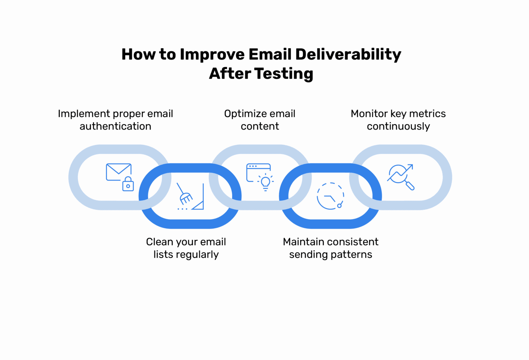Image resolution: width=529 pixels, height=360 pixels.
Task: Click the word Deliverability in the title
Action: pyautogui.click(x=348, y=55)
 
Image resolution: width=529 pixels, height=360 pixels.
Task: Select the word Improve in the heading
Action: pyautogui.click(x=212, y=55)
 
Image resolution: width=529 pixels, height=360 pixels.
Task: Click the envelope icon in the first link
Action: pyautogui.click(x=118, y=172)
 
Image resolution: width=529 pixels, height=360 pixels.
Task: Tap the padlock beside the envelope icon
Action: pyautogui.click(x=128, y=184)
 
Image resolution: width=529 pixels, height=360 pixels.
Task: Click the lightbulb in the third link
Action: pyautogui.click(x=266, y=182)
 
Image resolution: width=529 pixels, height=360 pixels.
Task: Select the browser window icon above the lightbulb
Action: pyautogui.click(x=257, y=171)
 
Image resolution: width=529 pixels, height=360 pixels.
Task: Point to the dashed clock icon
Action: pyautogui.click(x=330, y=196)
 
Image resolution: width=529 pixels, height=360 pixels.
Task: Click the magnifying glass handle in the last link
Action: pyautogui.click(x=410, y=186)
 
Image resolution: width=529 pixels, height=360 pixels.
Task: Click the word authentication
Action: pyautogui.click(x=115, y=126)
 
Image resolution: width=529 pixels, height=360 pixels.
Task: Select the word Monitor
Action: pyautogui.click(x=369, y=114)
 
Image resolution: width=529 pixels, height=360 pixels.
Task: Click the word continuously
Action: pyautogui.click(x=398, y=126)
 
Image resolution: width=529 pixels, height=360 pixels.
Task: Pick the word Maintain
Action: pyautogui.click(x=304, y=242)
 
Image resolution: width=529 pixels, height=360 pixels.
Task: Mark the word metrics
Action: pyautogui.click(x=427, y=114)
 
